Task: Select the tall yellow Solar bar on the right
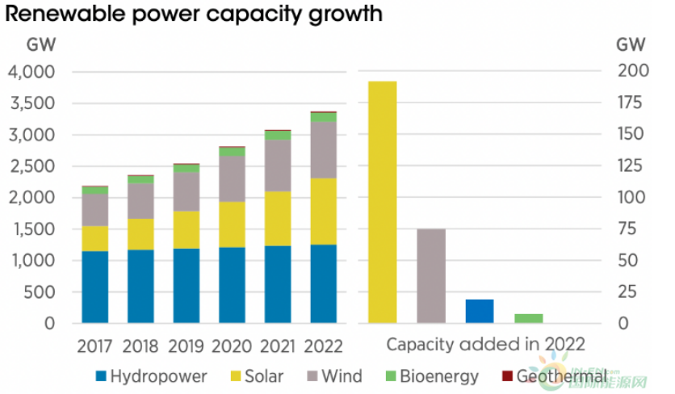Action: pyautogui.click(x=383, y=202)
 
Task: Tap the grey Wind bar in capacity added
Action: pyautogui.click(x=431, y=275)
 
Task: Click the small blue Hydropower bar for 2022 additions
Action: pyautogui.click(x=480, y=311)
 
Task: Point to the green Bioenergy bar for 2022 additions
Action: pyautogui.click(x=529, y=318)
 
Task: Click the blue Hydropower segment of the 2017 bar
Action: pyautogui.click(x=95, y=287)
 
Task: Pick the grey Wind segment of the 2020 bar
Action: pyautogui.click(x=232, y=178)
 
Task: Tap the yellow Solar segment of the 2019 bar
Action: pyautogui.click(x=187, y=229)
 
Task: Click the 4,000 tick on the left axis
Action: pyautogui.click(x=32, y=72)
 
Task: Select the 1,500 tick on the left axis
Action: pyautogui.click(x=32, y=229)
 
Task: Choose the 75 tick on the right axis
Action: pyautogui.click(x=629, y=229)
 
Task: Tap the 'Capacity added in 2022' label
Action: pyautogui.click(x=485, y=345)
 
